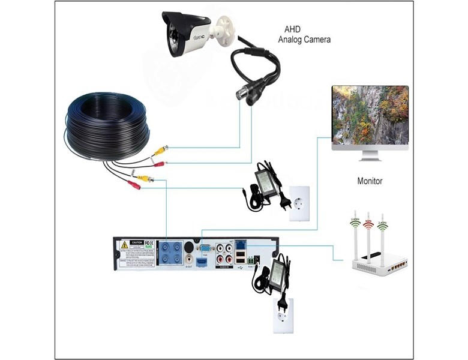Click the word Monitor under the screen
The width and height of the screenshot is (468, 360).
coord(370,181)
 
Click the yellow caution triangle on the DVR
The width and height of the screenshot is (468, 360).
coord(124,245)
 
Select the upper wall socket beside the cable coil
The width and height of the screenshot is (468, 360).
coord(298,196)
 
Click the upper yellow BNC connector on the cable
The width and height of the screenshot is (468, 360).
coord(160,150)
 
